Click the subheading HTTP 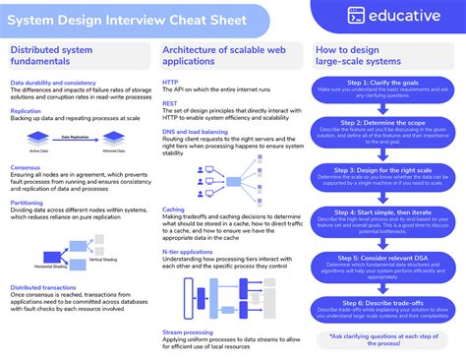[x=171, y=83]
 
